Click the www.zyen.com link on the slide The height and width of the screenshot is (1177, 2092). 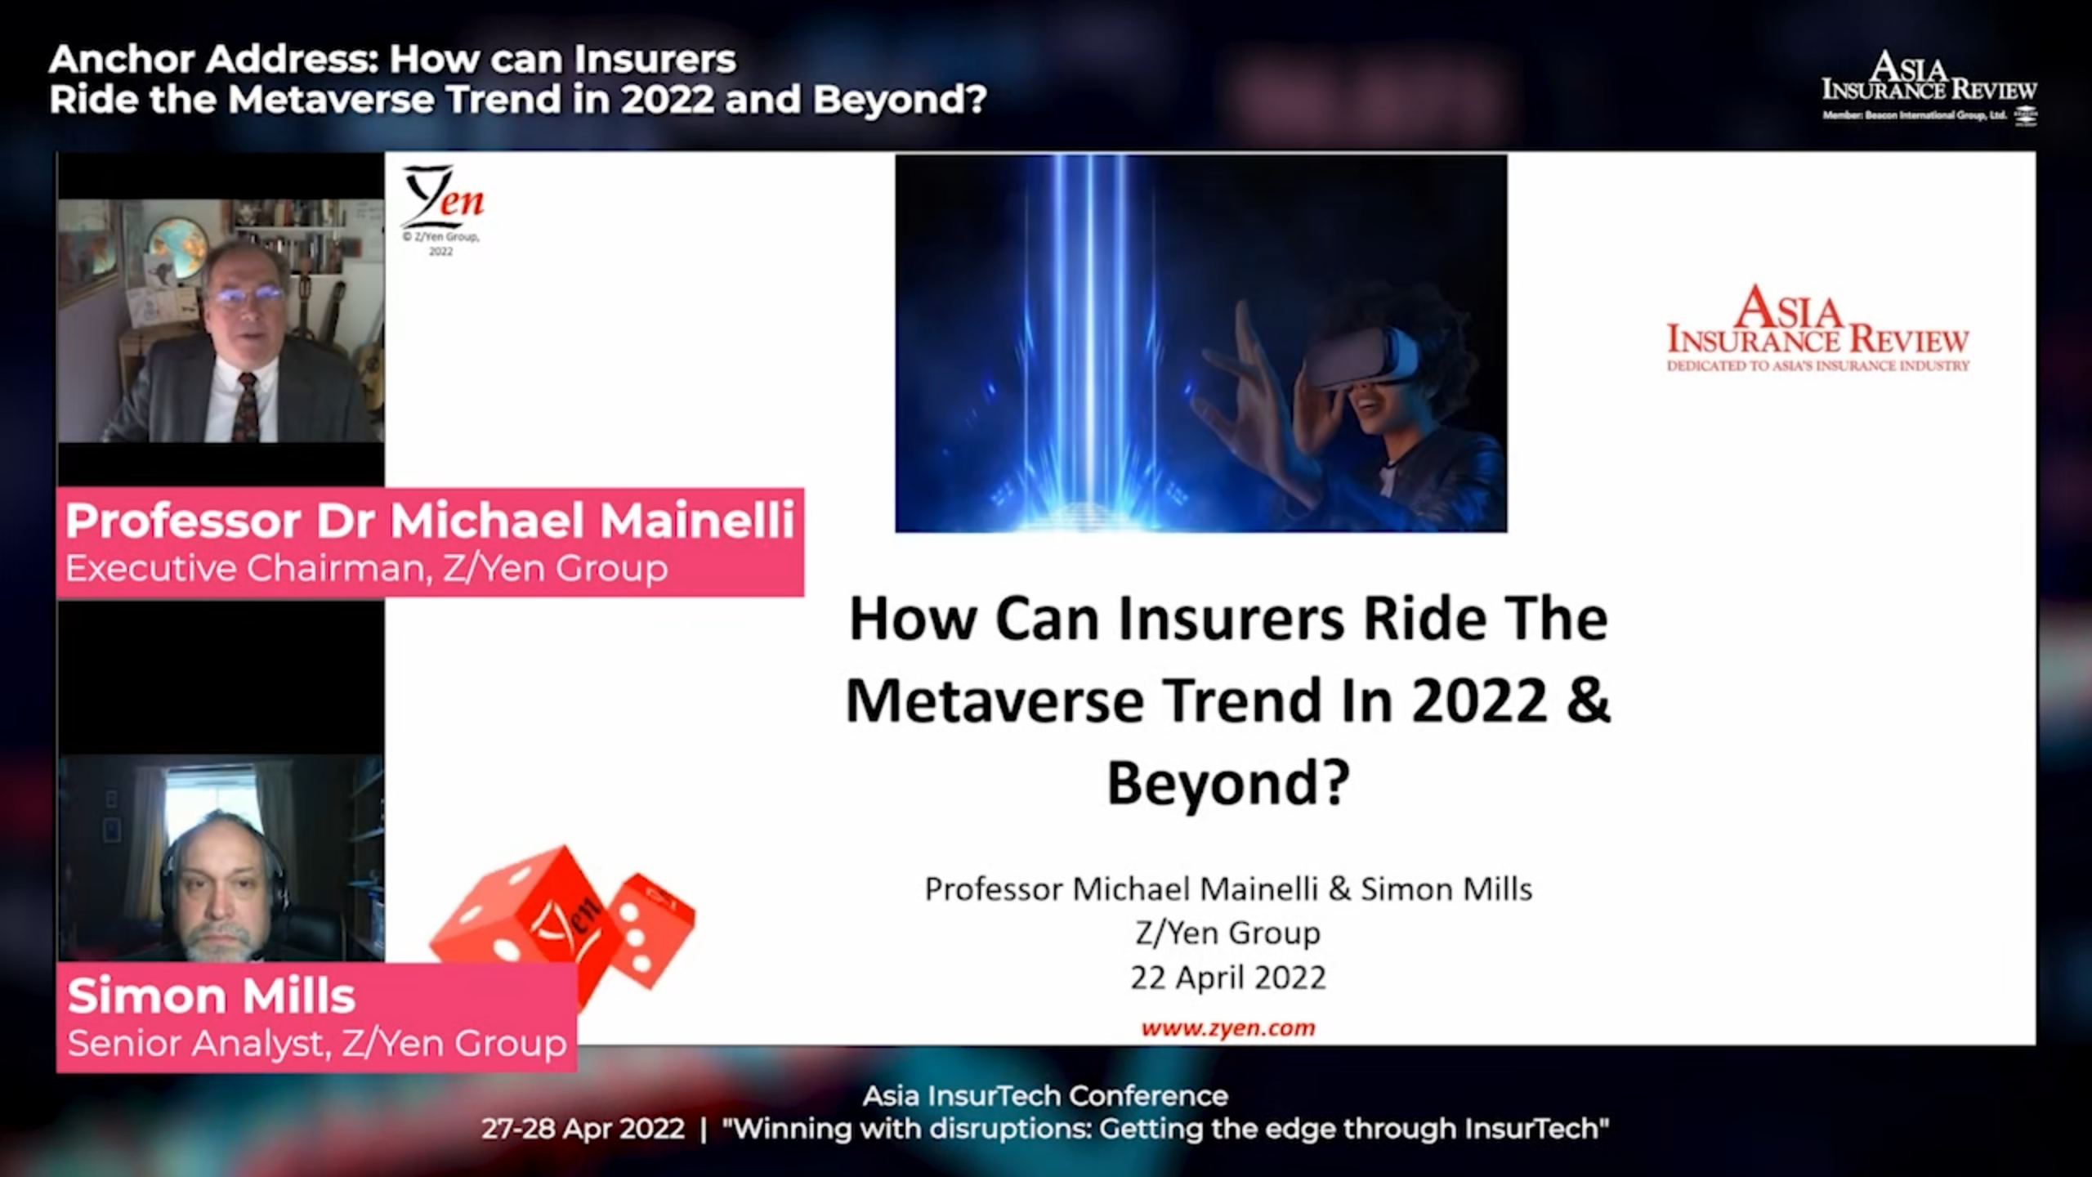(1227, 1027)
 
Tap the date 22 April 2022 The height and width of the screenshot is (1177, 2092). (1227, 978)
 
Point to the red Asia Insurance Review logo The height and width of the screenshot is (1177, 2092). (1817, 329)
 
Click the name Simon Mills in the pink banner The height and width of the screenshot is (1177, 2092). (211, 996)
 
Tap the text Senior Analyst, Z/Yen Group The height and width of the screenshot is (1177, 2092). (317, 1043)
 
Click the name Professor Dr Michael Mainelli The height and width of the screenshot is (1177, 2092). (430, 521)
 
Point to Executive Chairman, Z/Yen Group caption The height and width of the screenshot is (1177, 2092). (367, 568)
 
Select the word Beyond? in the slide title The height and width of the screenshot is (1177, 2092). (1228, 782)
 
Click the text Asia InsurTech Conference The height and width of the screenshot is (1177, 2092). (1045, 1095)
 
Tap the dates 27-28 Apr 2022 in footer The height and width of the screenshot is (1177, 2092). (583, 1129)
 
